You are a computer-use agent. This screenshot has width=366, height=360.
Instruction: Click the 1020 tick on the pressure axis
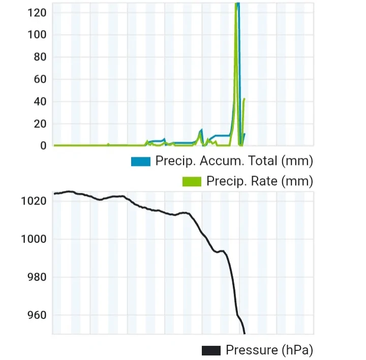click(x=34, y=201)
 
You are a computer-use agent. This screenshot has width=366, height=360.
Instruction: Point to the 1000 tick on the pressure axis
click(x=34, y=239)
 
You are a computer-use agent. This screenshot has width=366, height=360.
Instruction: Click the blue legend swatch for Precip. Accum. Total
click(x=141, y=161)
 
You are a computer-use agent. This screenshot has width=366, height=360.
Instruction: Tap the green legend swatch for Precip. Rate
click(x=192, y=181)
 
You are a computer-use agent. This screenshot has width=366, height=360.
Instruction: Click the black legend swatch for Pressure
click(x=211, y=350)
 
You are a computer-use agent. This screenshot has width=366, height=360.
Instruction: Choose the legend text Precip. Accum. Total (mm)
click(x=234, y=161)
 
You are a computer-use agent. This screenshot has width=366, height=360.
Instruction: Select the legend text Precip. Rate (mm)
click(x=259, y=181)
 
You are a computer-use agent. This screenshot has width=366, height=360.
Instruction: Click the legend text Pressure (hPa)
click(x=269, y=350)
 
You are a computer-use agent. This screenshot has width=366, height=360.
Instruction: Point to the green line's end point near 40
click(x=245, y=99)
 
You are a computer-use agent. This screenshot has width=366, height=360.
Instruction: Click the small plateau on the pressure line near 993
click(x=221, y=251)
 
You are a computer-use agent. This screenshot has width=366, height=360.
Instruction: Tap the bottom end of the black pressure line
click(x=245, y=334)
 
